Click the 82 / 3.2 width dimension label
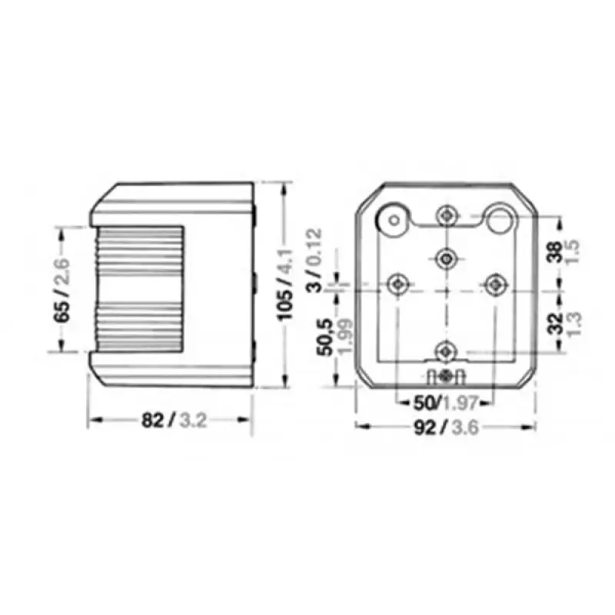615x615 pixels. click(174, 421)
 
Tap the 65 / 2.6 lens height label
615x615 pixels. click(62, 290)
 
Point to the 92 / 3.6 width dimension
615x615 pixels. click(447, 427)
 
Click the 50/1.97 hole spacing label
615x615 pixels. click(446, 403)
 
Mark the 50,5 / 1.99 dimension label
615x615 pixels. click(334, 336)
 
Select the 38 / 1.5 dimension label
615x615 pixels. click(564, 252)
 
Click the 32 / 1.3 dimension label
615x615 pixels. click(564, 323)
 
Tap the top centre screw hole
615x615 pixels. click(447, 215)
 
